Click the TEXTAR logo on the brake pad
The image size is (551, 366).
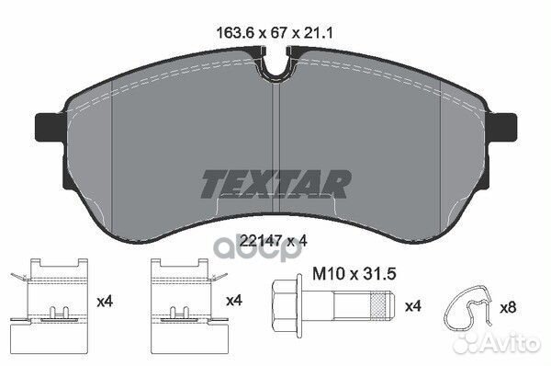275,184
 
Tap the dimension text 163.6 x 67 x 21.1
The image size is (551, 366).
275,33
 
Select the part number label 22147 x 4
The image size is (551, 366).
273,241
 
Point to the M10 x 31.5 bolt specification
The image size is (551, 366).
354,274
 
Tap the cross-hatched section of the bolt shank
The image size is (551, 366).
377,306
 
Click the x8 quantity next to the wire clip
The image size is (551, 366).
508,308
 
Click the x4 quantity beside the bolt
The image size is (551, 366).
413,306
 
